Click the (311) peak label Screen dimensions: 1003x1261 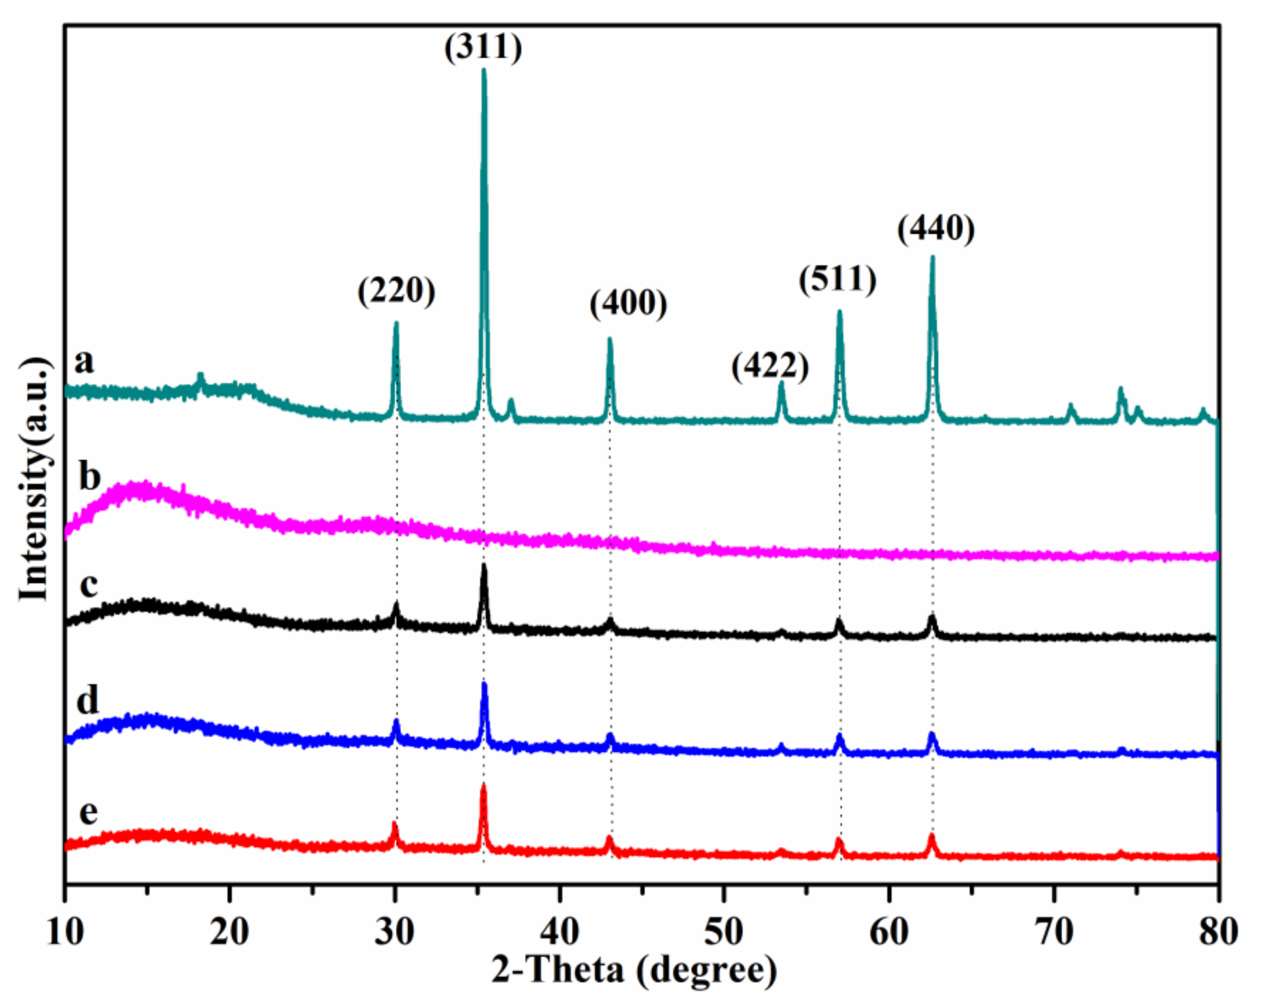(x=483, y=47)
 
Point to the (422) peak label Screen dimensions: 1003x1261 (x=770, y=367)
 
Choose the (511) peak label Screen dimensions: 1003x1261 (x=838, y=280)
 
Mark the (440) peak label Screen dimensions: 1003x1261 (x=936, y=229)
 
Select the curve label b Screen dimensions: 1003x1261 (x=89, y=477)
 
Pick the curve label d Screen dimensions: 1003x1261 (x=88, y=700)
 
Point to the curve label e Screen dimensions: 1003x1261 (x=88, y=812)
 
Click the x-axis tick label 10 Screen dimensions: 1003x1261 (x=65, y=932)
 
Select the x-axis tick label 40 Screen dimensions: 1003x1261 (x=560, y=932)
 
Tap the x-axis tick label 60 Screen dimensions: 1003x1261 (x=889, y=932)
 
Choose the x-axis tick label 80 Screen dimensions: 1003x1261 (x=1218, y=932)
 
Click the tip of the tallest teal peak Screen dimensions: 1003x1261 (x=483, y=70)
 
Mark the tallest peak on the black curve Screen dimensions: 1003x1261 (x=484, y=565)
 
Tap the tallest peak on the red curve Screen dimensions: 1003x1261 (x=483, y=786)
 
